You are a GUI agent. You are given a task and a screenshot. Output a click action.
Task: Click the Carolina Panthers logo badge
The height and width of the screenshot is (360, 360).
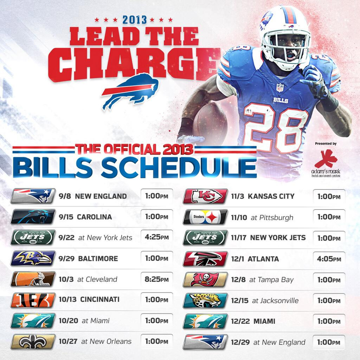click(33, 217)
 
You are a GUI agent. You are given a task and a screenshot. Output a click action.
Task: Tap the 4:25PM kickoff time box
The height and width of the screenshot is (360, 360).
click(157, 237)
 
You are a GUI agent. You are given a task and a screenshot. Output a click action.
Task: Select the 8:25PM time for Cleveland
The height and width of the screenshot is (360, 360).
click(157, 279)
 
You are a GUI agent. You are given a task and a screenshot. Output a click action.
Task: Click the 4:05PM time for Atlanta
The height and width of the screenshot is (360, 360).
click(329, 259)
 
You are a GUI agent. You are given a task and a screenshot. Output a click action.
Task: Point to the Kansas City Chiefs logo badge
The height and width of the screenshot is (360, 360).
click(205, 196)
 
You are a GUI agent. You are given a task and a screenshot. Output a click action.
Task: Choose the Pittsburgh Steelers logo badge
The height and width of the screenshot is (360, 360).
click(205, 217)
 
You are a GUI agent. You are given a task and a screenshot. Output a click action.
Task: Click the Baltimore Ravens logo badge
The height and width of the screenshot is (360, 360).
click(33, 258)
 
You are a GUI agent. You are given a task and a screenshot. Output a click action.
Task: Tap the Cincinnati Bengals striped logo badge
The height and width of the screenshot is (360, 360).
click(33, 300)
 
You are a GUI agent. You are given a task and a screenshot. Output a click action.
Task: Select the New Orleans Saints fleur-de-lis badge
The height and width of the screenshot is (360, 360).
click(33, 342)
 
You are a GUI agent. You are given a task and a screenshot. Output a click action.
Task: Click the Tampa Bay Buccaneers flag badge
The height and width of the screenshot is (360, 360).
click(205, 279)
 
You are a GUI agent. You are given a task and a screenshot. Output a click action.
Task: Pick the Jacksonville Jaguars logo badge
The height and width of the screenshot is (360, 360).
click(205, 301)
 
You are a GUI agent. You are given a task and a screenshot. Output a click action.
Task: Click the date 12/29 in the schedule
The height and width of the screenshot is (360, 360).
click(240, 342)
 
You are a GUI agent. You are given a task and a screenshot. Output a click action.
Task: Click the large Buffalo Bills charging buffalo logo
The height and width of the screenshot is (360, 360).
click(130, 92)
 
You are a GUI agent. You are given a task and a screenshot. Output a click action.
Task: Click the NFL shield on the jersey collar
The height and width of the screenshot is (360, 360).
click(279, 88)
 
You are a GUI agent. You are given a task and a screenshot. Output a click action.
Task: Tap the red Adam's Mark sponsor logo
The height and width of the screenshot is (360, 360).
click(326, 159)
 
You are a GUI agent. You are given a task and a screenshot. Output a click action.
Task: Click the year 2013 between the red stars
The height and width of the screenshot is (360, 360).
click(135, 20)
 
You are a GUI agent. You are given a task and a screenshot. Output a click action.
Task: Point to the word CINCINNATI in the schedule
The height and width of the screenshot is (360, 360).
click(100, 300)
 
